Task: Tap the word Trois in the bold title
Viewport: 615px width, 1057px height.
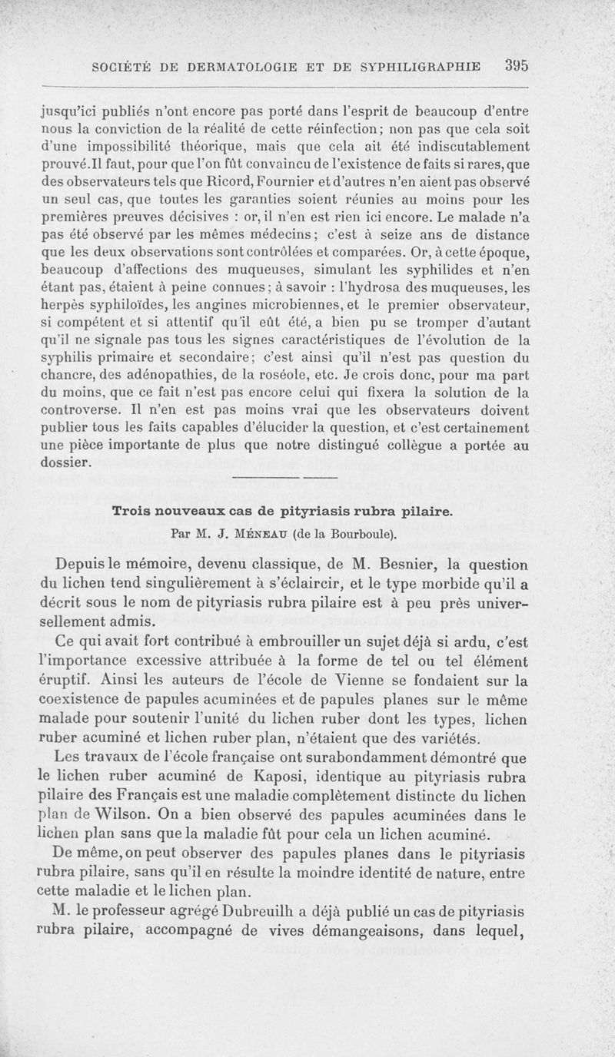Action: point(132,511)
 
